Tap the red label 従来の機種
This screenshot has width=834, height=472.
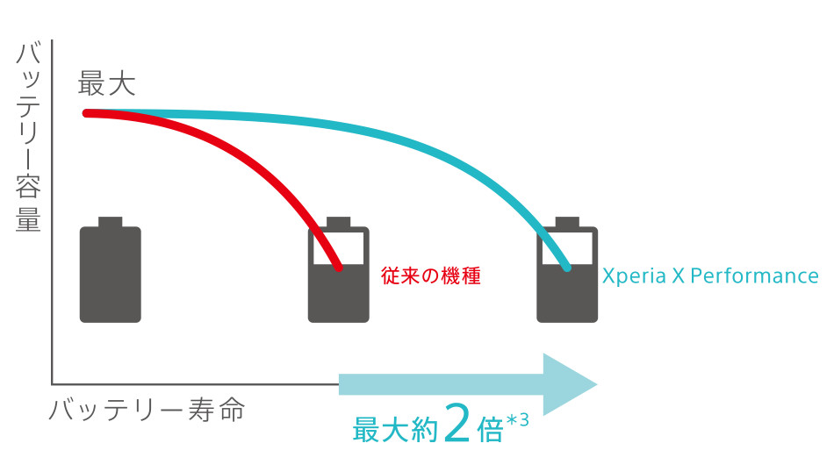[431, 275]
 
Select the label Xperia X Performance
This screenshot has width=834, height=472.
[709, 276]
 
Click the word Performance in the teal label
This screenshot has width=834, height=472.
[755, 276]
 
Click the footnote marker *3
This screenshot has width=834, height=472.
[518, 420]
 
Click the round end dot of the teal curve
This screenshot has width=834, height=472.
[567, 266]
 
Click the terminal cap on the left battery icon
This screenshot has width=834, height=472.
[111, 221]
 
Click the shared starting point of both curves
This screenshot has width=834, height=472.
[87, 112]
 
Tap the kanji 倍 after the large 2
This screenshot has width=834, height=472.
[490, 428]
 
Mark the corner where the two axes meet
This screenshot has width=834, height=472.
[53, 383]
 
